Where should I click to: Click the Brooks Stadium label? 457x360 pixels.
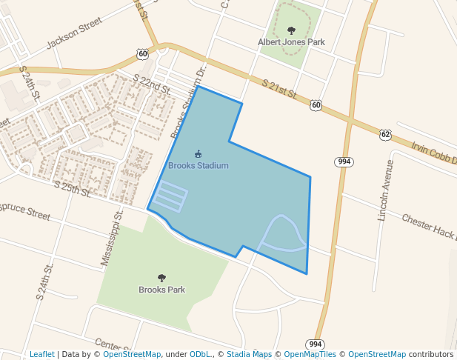coord(198,166)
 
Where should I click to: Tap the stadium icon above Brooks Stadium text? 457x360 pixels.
coord(198,154)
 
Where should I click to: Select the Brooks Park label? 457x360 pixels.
coord(161,290)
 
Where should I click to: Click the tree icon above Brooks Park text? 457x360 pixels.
coord(161,278)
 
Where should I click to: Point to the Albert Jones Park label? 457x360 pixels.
coord(291,43)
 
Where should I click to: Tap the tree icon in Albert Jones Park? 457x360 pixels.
coord(291,31)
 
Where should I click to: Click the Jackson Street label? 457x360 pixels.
coord(73,34)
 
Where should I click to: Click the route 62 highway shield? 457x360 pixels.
coord(385,134)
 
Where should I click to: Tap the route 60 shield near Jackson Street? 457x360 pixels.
coord(142,53)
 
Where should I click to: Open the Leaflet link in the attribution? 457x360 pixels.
coord(41,354)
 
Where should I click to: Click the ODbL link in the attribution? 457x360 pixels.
coord(201,354)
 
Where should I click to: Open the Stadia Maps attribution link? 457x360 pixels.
coord(249,354)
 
